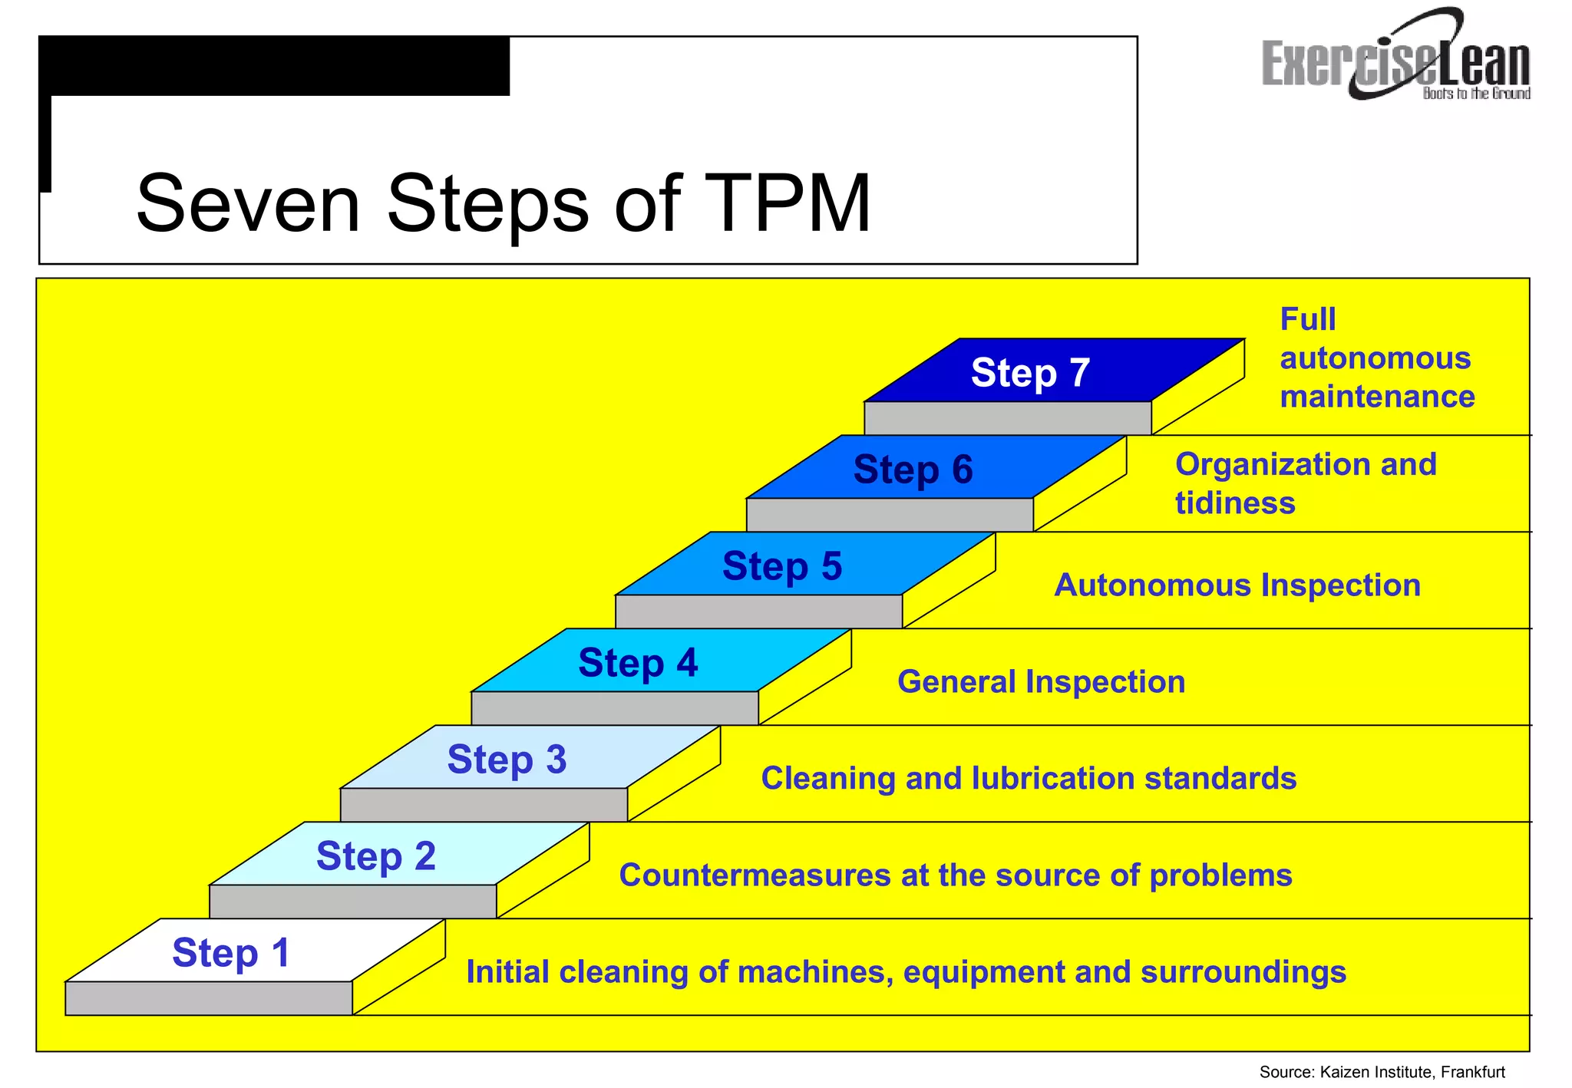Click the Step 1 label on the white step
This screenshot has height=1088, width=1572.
[x=231, y=953]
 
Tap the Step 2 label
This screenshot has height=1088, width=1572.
[x=375, y=856]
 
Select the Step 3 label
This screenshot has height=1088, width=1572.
[x=507, y=760]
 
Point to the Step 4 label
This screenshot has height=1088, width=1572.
[x=638, y=663]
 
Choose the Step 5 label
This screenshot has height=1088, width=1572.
[x=782, y=566]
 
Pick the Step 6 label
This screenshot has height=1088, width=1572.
[x=913, y=470]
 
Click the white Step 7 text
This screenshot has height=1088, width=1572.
[x=1030, y=373]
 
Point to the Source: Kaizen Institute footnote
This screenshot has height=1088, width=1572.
[x=1382, y=1072]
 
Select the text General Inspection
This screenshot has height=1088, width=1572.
[x=1041, y=682]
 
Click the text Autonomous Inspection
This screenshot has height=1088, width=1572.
[x=1237, y=585]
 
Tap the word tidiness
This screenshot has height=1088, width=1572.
[x=1235, y=503]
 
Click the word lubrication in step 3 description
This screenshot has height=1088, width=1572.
[x=1053, y=779]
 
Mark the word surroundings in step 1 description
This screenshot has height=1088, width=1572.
[x=1243, y=972]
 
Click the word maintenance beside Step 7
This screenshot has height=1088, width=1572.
[x=1377, y=397]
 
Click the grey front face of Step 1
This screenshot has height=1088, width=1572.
[x=209, y=998]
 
